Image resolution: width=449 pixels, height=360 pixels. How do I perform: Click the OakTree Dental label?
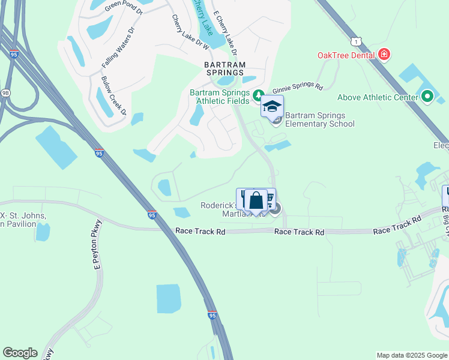[x=346, y=55]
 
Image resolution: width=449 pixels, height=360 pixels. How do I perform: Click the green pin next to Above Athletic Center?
[x=427, y=96]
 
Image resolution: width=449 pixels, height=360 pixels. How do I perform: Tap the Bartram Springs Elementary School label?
[x=319, y=119]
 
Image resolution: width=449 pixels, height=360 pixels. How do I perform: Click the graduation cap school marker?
[x=272, y=107]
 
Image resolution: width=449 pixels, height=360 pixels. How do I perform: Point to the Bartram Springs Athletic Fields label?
[x=220, y=97]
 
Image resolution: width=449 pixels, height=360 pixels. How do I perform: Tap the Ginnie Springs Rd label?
[x=298, y=86]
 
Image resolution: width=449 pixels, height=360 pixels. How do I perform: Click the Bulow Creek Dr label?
[x=114, y=96]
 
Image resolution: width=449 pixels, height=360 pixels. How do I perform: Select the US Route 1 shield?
[x=358, y=41]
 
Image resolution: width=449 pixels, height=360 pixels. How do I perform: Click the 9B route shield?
[x=5, y=93]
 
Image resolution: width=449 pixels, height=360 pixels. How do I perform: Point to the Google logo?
[x=20, y=353]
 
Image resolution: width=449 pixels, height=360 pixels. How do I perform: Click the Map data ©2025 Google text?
[x=411, y=355]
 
